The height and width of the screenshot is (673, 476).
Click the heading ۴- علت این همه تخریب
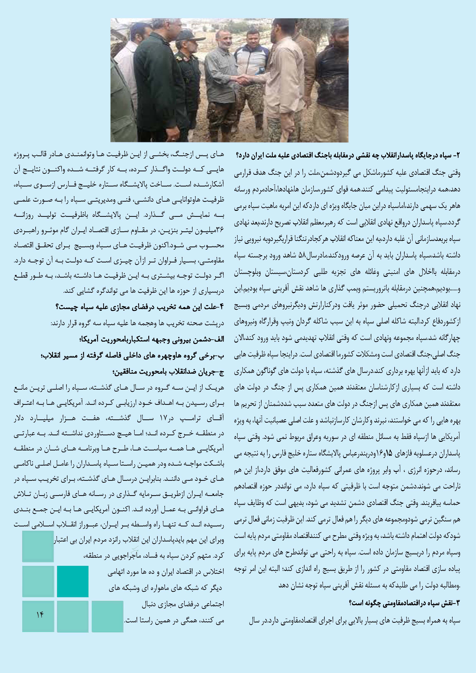point(139,307)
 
